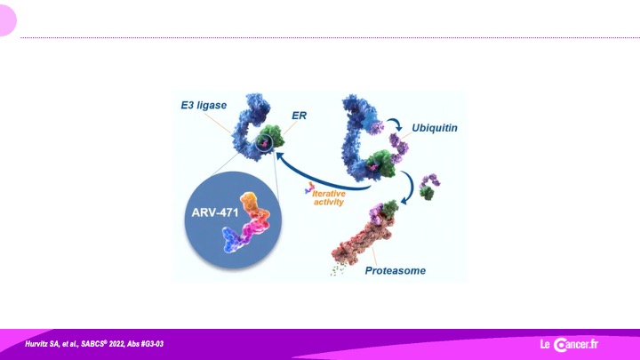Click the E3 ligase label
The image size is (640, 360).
[x=204, y=105]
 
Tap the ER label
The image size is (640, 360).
[x=299, y=116]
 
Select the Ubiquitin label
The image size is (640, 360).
[x=435, y=128]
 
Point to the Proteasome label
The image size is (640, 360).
[x=395, y=270]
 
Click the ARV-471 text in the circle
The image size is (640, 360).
[x=215, y=212]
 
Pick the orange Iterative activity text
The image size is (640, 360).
[x=329, y=197]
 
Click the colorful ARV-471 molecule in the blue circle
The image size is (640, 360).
[x=246, y=222]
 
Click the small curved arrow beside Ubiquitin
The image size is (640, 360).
[x=396, y=124]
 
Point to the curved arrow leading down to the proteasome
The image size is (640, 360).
[x=409, y=187]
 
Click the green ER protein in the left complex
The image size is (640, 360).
[x=272, y=136]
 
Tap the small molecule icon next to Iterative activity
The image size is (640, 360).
[x=309, y=188]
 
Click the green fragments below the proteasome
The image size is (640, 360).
[x=338, y=270]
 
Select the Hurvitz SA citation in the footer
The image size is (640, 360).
[x=94, y=344]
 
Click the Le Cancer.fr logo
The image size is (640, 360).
[x=569, y=345]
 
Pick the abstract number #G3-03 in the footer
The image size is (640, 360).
[x=152, y=344]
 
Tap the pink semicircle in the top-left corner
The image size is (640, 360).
[x=7, y=20]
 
